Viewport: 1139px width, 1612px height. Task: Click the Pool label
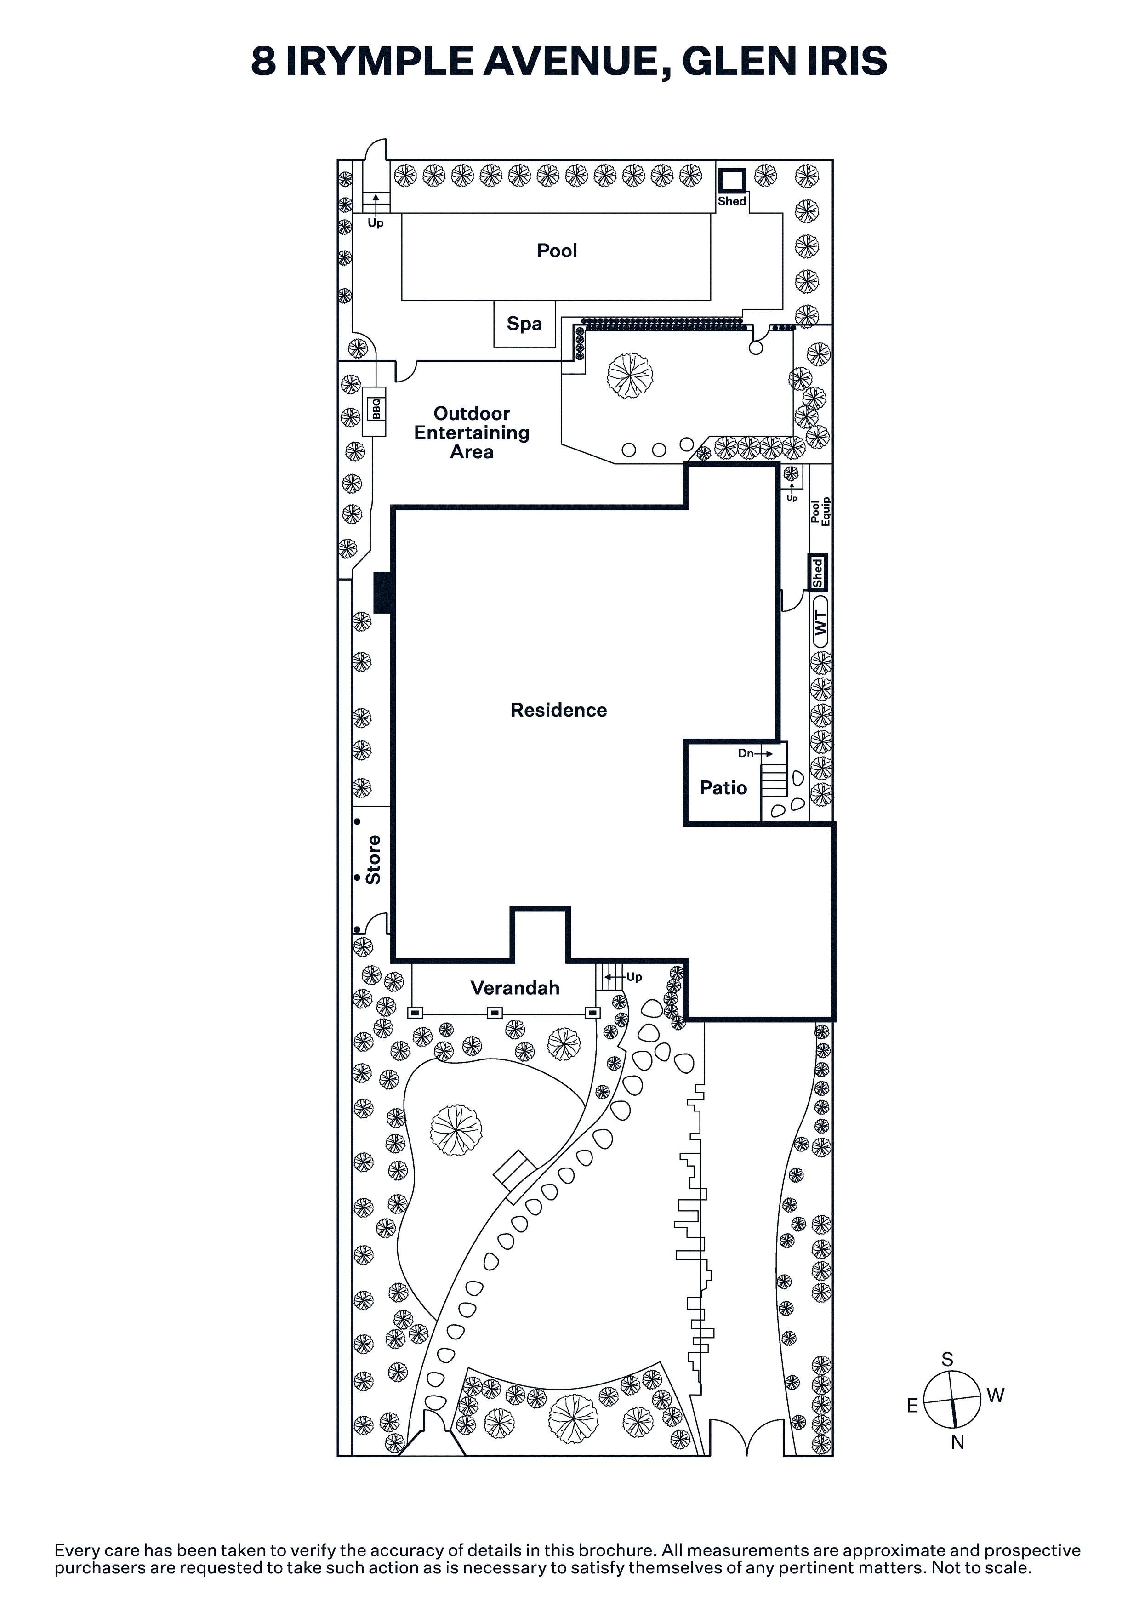click(557, 251)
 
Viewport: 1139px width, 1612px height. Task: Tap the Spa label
click(524, 324)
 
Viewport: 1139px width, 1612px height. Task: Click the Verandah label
click(515, 988)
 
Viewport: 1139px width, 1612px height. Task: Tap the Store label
click(373, 860)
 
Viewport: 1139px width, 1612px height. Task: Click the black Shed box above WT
click(817, 572)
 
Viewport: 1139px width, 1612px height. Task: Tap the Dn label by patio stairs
click(746, 753)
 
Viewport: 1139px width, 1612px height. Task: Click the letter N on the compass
click(957, 1442)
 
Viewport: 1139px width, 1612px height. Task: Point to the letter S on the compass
click(947, 1360)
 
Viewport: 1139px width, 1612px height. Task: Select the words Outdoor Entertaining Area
click(472, 433)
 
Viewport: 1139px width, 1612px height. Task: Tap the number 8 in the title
click(263, 61)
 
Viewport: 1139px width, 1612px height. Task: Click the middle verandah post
click(495, 1013)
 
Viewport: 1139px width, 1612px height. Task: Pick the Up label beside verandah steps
click(634, 977)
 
